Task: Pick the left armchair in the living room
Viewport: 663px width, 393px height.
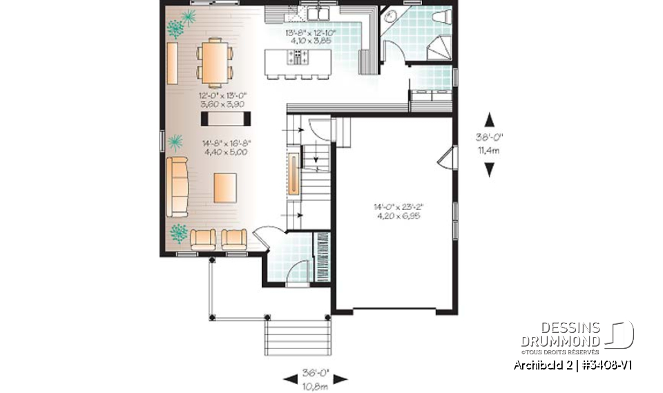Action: (203, 238)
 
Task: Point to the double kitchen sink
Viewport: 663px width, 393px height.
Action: (318, 13)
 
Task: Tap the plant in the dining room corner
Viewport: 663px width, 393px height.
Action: (176, 28)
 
